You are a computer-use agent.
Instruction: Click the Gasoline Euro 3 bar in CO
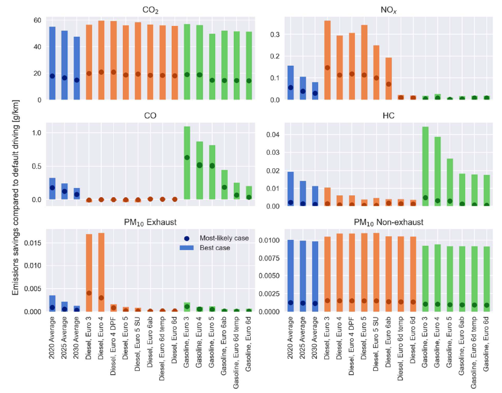coord(187,163)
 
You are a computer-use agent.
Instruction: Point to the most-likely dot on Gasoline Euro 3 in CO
coord(187,157)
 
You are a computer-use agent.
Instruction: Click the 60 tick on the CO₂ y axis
coord(36,20)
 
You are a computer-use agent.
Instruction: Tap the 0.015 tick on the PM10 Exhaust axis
coord(31,242)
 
